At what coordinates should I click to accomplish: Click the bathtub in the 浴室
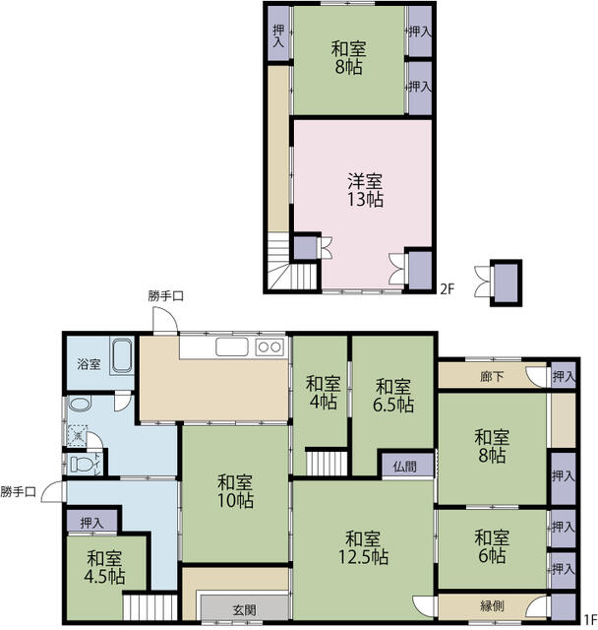(x=122, y=356)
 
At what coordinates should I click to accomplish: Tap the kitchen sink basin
(x=232, y=346)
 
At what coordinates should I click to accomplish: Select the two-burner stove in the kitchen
(x=269, y=346)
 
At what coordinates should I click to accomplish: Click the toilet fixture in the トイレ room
(x=82, y=464)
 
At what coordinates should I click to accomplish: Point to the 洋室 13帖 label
(x=365, y=190)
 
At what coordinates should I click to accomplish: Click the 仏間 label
(x=404, y=467)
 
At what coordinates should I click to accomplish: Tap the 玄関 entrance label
(x=245, y=610)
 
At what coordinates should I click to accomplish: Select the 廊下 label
(x=492, y=376)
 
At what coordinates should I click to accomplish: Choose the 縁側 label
(x=492, y=605)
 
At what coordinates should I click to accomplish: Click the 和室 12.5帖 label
(x=363, y=547)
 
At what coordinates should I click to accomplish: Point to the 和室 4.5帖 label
(x=104, y=567)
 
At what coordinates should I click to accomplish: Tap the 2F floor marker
(x=448, y=288)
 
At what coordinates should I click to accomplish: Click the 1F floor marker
(x=589, y=617)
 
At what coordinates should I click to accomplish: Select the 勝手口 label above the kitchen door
(x=166, y=296)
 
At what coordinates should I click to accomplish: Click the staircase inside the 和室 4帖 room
(x=327, y=463)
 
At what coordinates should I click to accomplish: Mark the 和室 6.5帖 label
(x=393, y=396)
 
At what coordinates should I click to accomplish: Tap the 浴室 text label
(x=89, y=364)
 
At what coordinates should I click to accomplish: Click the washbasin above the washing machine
(x=80, y=403)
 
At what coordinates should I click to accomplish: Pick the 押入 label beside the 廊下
(x=564, y=376)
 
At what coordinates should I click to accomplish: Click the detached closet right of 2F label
(x=507, y=283)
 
